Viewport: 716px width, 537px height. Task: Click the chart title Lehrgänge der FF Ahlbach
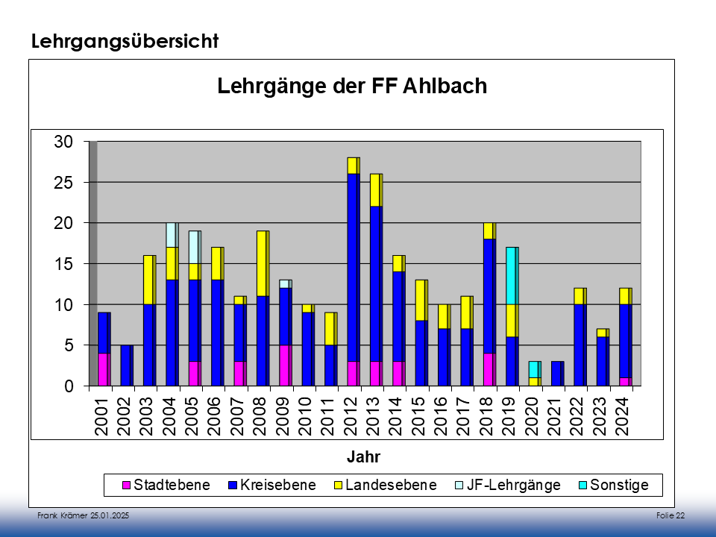click(x=352, y=87)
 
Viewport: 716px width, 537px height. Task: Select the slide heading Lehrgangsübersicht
click(x=125, y=42)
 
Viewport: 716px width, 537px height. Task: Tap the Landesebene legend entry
click(x=385, y=486)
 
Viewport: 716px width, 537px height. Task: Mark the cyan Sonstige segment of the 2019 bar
click(x=512, y=276)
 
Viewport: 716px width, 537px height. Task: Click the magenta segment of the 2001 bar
click(x=104, y=370)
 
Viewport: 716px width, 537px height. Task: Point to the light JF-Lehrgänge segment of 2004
click(x=172, y=235)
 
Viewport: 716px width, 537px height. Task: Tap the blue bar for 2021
click(x=557, y=374)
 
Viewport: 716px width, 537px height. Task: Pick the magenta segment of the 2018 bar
click(x=489, y=370)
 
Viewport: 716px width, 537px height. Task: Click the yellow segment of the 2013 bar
click(x=375, y=190)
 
